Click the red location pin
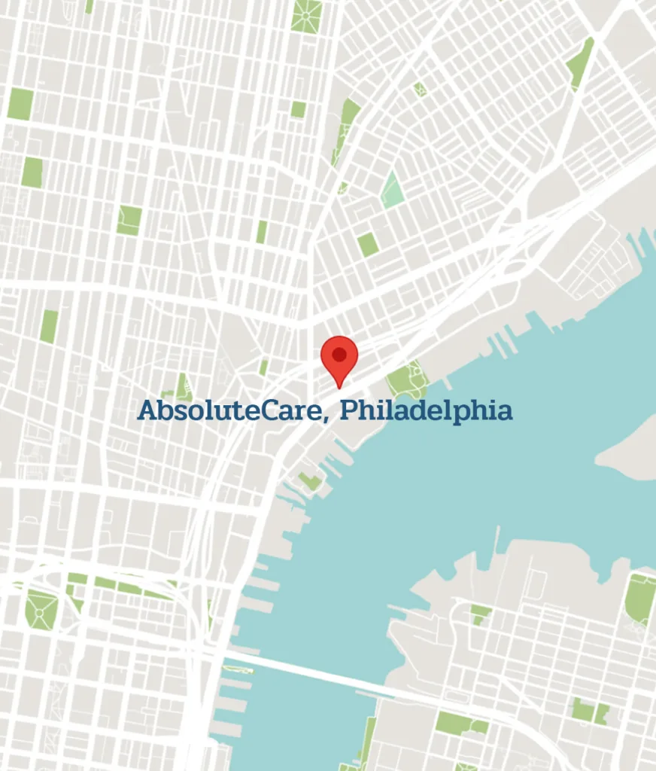coord(339,358)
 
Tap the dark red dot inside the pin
coord(339,354)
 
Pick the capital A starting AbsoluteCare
coord(147,411)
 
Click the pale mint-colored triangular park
coord(392,190)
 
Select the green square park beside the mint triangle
coord(367,244)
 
